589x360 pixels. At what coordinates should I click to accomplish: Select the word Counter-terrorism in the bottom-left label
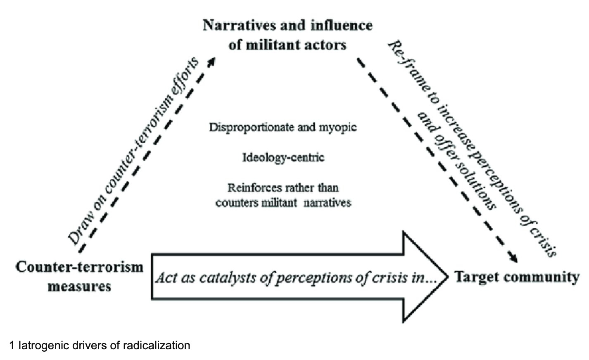pyautogui.click(x=79, y=267)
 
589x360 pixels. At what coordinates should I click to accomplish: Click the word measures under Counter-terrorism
pyautogui.click(x=79, y=286)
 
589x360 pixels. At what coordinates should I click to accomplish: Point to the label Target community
pyautogui.click(x=517, y=277)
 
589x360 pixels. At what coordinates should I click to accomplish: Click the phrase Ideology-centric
pyautogui.click(x=283, y=157)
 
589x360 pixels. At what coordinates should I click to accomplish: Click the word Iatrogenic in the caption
pyautogui.click(x=39, y=345)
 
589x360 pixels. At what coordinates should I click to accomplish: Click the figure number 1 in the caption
pyautogui.click(x=12, y=345)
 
